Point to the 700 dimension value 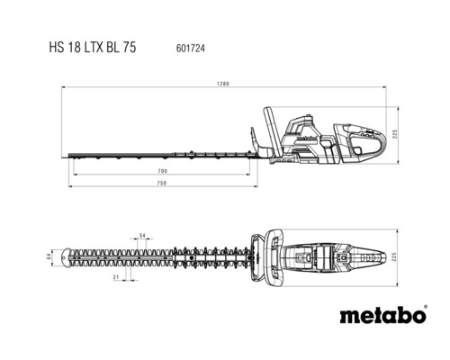pyautogui.click(x=162, y=170)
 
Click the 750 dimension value pyautogui.click(x=162, y=184)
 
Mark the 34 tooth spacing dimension pyautogui.click(x=142, y=235)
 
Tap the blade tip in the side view pyautogui.click(x=65, y=157)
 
